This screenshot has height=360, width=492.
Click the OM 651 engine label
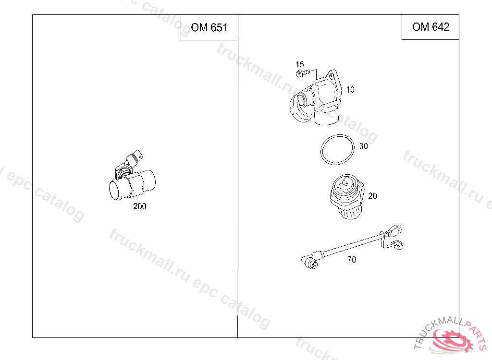209,27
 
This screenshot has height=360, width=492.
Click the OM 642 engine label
431,27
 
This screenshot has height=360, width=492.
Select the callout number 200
140,206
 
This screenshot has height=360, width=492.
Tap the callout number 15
300,65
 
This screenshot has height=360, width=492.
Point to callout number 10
350,90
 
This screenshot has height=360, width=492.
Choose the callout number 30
363,146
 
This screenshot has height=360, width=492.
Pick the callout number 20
372,196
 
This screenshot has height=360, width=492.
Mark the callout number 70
352,260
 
